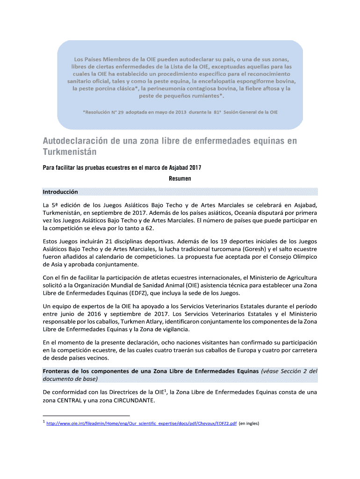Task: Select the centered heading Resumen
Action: point(180,179)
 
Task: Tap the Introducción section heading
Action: point(60,192)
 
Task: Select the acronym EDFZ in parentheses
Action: point(135,293)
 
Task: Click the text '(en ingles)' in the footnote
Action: point(249,424)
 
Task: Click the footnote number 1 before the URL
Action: point(43,422)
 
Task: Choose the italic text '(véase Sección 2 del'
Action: point(289,371)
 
